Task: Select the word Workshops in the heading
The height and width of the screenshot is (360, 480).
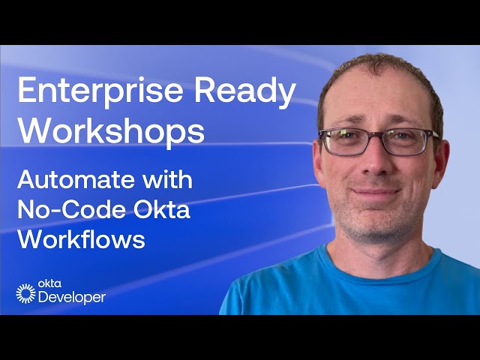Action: [111, 131]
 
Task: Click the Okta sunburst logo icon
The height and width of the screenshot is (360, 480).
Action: [25, 293]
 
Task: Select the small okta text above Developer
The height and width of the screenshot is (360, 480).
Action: [47, 286]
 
